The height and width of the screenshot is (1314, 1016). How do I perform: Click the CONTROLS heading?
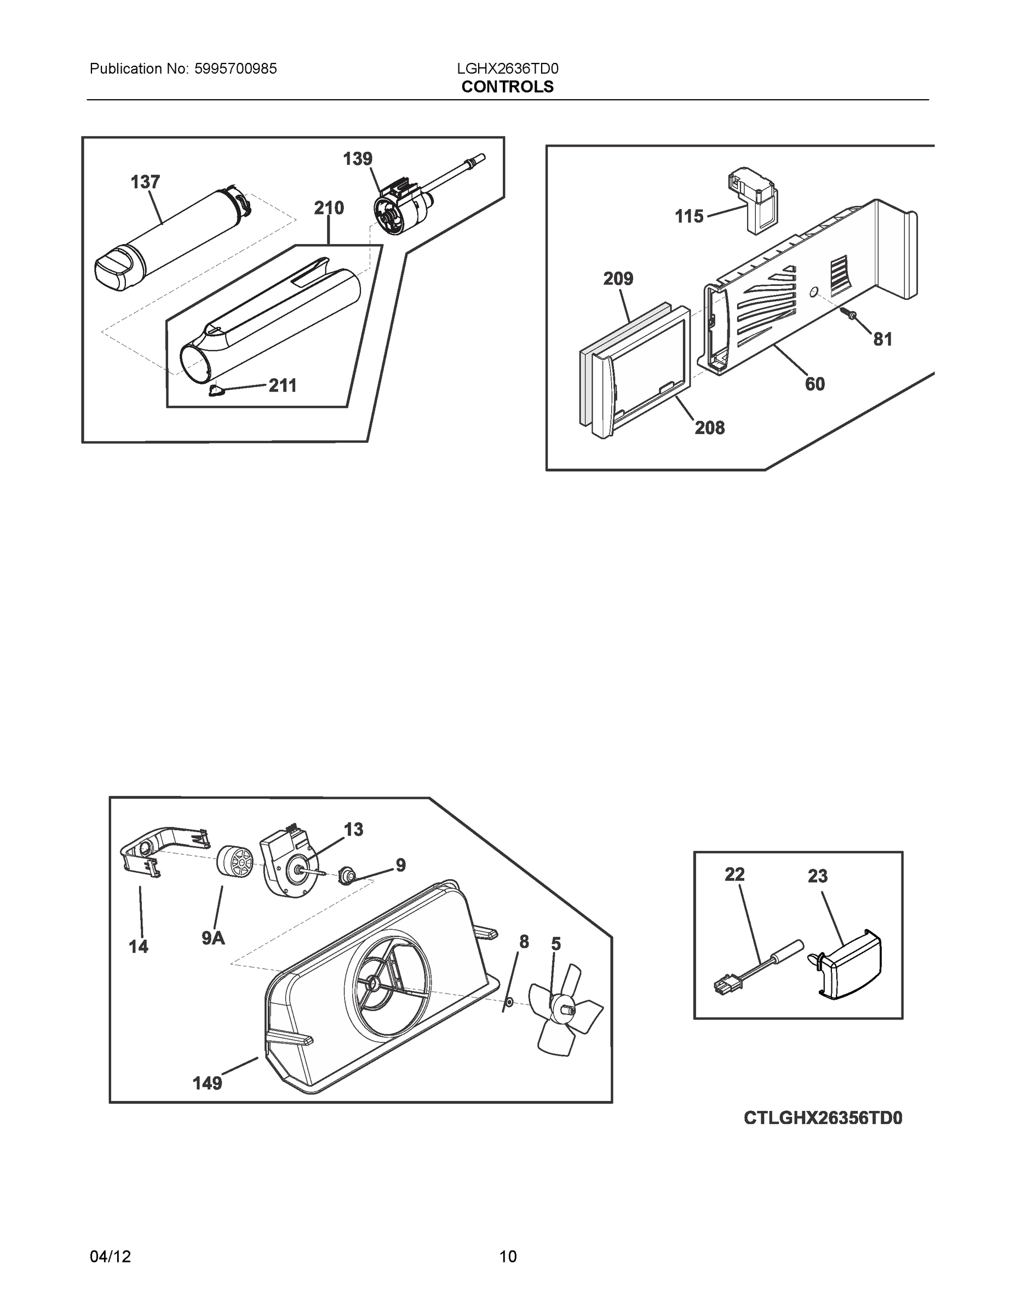[507, 87]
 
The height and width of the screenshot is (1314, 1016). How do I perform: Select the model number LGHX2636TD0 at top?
[507, 69]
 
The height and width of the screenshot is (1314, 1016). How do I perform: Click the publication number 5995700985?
[236, 69]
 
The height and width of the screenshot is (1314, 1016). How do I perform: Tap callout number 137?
[145, 182]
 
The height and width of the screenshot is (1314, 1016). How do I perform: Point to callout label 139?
[358, 159]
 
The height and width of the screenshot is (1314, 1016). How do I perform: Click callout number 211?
[282, 385]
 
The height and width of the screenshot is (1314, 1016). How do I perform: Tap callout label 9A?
[213, 937]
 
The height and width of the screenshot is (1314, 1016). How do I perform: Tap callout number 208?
[710, 428]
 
